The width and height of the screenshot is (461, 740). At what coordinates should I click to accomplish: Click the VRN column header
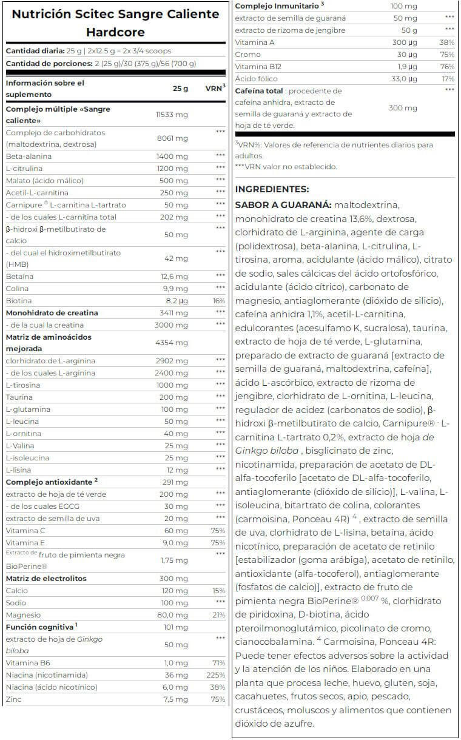(x=215, y=88)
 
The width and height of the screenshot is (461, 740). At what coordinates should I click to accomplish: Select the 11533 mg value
(x=173, y=114)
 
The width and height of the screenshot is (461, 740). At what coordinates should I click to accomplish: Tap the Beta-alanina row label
(x=29, y=156)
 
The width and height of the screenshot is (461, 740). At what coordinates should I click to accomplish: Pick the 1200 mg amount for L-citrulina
(x=173, y=169)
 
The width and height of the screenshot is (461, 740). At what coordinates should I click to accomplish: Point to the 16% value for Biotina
(x=219, y=301)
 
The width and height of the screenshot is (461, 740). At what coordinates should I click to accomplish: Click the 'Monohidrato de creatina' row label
(x=52, y=313)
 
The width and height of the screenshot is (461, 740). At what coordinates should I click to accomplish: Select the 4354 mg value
(x=173, y=343)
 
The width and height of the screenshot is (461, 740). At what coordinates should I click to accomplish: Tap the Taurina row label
(x=19, y=397)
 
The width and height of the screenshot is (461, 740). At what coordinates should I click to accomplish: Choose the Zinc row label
(x=15, y=699)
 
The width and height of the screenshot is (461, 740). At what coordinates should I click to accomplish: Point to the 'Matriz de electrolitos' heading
(x=46, y=579)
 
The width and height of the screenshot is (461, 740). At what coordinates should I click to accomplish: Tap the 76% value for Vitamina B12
(x=447, y=67)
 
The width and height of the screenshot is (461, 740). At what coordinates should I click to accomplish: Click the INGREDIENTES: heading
(x=272, y=189)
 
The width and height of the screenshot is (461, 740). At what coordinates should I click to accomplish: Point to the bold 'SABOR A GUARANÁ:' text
(x=283, y=205)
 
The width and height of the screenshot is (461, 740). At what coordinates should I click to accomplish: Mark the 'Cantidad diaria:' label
(x=34, y=51)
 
